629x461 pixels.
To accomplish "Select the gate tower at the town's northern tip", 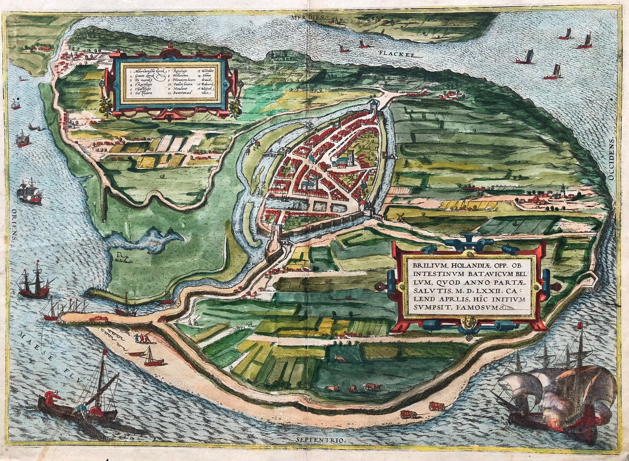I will (373, 105).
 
